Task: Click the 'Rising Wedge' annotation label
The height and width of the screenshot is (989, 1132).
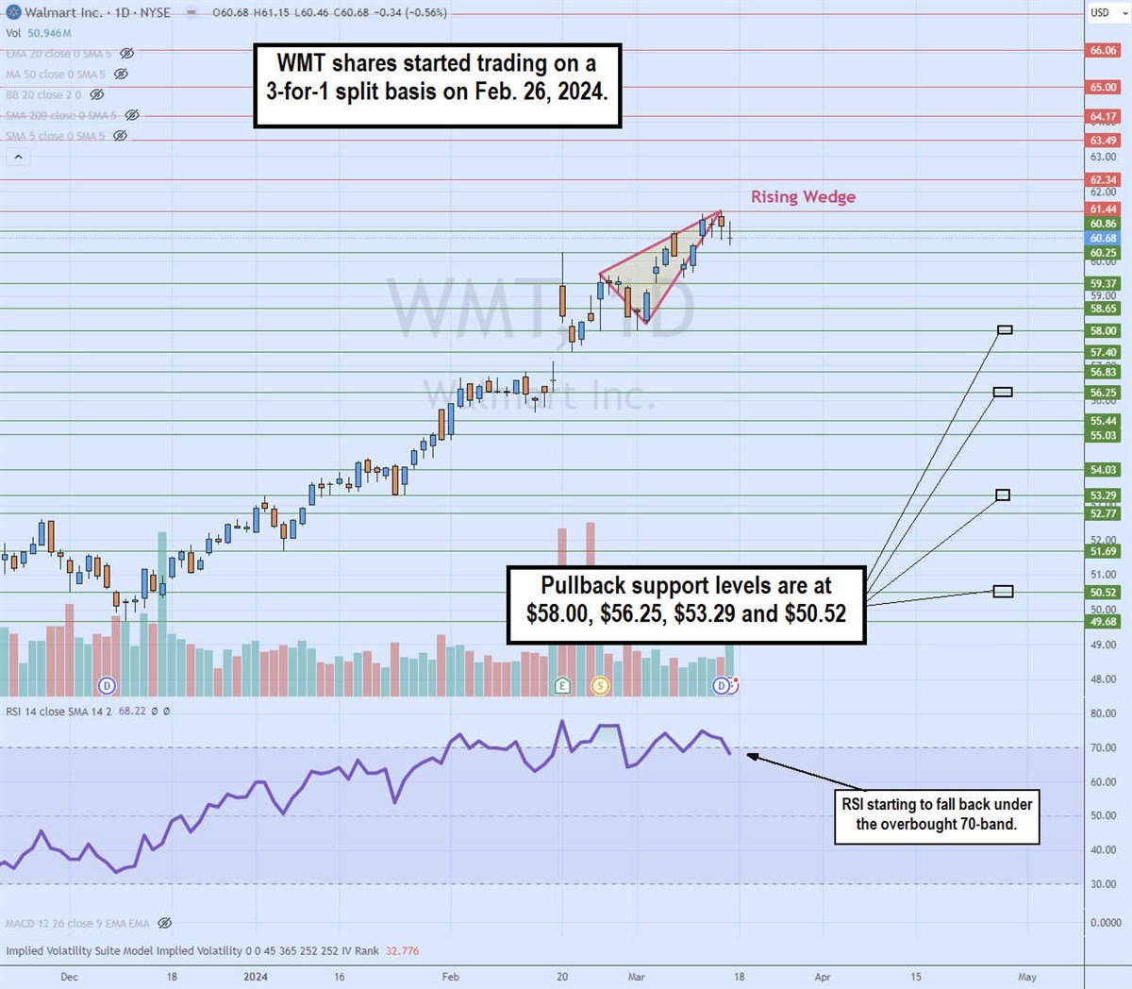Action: click(x=803, y=196)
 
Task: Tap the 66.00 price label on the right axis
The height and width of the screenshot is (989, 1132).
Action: click(x=1103, y=51)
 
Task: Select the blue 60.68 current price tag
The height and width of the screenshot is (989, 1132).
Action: click(x=1103, y=239)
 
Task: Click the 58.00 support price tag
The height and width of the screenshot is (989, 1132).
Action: click(x=1103, y=331)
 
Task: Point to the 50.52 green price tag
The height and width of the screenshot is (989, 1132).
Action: click(x=1103, y=593)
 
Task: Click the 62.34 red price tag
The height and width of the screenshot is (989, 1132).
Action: click(x=1103, y=180)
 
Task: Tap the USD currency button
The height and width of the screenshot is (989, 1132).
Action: click(x=1100, y=12)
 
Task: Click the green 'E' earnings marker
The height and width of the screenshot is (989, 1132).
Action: click(x=562, y=685)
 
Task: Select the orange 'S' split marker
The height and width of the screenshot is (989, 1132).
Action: click(x=600, y=685)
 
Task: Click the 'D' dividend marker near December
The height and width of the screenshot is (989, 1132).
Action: click(x=107, y=685)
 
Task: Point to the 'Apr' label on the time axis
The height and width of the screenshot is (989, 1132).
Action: click(x=823, y=977)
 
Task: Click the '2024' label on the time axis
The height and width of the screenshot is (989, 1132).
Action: click(x=256, y=977)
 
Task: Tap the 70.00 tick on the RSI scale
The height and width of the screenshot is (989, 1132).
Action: click(x=1103, y=747)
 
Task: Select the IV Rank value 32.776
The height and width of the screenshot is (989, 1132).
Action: click(x=402, y=950)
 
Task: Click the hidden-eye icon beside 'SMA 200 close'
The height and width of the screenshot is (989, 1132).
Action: click(x=132, y=115)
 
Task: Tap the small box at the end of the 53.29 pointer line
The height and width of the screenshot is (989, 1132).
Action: click(x=1003, y=494)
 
